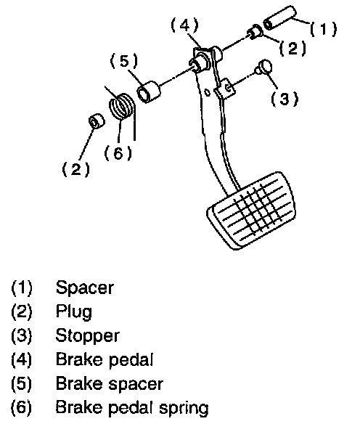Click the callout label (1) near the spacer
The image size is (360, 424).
pyautogui.click(x=324, y=29)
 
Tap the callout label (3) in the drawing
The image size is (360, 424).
pyautogui.click(x=285, y=99)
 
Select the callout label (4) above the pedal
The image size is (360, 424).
pyautogui.click(x=185, y=25)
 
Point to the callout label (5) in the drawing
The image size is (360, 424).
pyautogui.click(x=124, y=61)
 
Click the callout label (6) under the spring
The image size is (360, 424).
pyautogui.click(x=118, y=153)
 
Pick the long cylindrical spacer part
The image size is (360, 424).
pyautogui.click(x=279, y=17)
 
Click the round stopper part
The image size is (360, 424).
pyautogui.click(x=263, y=67)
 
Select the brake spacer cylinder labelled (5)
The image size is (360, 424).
pyautogui.click(x=149, y=91)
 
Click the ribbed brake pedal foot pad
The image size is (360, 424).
pyautogui.click(x=251, y=211)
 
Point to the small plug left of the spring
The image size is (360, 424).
pyautogui.click(x=97, y=121)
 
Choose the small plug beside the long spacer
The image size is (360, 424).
pyautogui.click(x=255, y=32)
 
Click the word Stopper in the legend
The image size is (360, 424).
pyautogui.click(x=87, y=336)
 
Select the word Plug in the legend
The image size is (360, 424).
pyautogui.click(x=74, y=312)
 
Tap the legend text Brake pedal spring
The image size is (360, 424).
pyautogui.click(x=132, y=408)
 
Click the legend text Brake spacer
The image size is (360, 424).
pyautogui.click(x=110, y=384)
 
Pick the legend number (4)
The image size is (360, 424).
pyautogui.click(x=21, y=360)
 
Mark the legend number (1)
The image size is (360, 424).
pyautogui.click(x=21, y=288)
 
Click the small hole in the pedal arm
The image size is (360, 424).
pyautogui.click(x=208, y=92)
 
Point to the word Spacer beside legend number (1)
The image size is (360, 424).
pyautogui.click(x=85, y=288)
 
